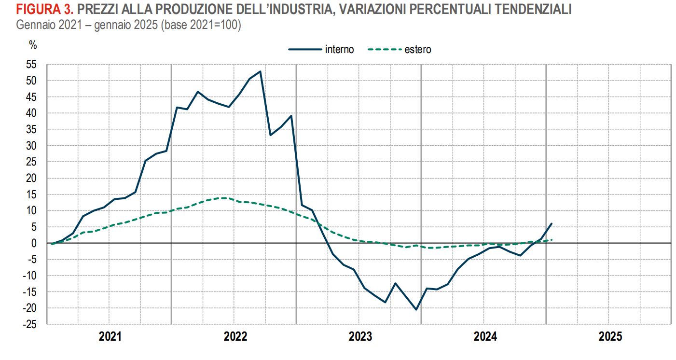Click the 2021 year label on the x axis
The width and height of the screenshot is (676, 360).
click(x=109, y=337)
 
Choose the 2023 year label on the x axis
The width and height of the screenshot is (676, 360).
click(x=359, y=337)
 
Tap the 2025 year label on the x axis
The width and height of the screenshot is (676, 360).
click(x=609, y=337)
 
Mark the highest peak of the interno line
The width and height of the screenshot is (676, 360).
click(x=261, y=71)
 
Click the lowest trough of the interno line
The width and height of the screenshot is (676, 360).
click(x=416, y=309)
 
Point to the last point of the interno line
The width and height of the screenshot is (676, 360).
click(x=552, y=223)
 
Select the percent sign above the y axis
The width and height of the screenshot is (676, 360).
click(x=33, y=45)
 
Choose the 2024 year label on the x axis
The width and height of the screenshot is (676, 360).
click(x=484, y=337)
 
